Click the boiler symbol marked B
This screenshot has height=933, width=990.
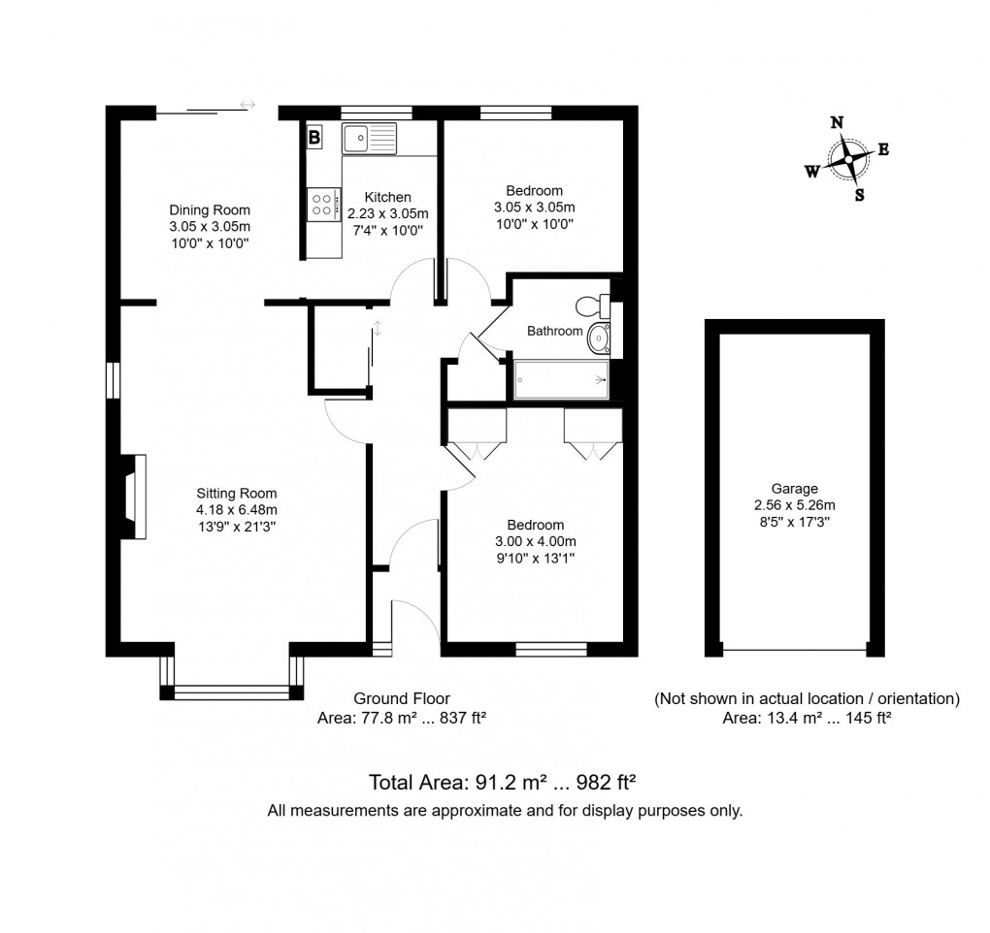[x=314, y=139]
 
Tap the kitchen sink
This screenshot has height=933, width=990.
[x=369, y=139]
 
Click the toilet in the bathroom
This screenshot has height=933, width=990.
[x=591, y=306]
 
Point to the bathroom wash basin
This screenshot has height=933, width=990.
[x=599, y=339]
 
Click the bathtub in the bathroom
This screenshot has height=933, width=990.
[x=561, y=380]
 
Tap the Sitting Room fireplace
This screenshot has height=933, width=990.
[x=131, y=497]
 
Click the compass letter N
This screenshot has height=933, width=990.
[x=837, y=122]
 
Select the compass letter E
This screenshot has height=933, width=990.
[x=883, y=149]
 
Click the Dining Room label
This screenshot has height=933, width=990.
[x=210, y=209]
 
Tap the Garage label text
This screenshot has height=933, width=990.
[x=795, y=489]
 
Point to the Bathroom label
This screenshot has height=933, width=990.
[x=554, y=331]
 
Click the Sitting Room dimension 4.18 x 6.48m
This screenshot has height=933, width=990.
[x=237, y=510]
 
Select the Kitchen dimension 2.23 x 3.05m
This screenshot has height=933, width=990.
[x=387, y=213]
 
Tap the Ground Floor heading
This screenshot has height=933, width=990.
[x=401, y=698]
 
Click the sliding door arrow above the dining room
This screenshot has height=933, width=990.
[x=247, y=105]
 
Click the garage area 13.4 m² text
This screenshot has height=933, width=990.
[x=807, y=719]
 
